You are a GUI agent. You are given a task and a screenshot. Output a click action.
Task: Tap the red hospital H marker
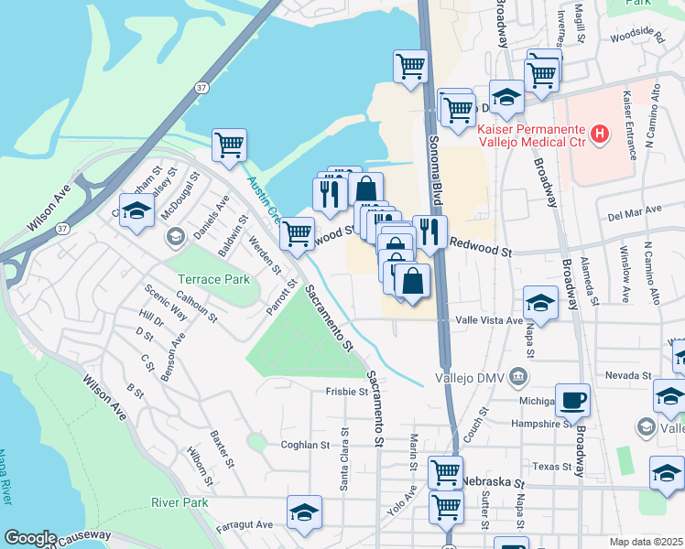tap(600, 135)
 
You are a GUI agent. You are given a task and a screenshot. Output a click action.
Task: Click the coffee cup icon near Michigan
tap(572, 400)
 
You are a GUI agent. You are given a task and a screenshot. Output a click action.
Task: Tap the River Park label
tap(179, 502)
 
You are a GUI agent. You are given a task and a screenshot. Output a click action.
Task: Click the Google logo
tap(30, 538)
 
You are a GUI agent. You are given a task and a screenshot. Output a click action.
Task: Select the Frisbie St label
tap(346, 392)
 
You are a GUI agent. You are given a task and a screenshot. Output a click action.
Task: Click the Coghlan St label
tap(305, 445)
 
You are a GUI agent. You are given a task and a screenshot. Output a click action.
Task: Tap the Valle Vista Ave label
tap(489, 321)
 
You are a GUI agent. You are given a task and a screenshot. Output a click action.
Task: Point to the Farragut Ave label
tap(245, 525)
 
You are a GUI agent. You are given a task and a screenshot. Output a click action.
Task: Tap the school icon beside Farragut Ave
tap(304, 513)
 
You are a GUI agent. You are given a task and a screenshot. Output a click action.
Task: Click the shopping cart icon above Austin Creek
tap(229, 145)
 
